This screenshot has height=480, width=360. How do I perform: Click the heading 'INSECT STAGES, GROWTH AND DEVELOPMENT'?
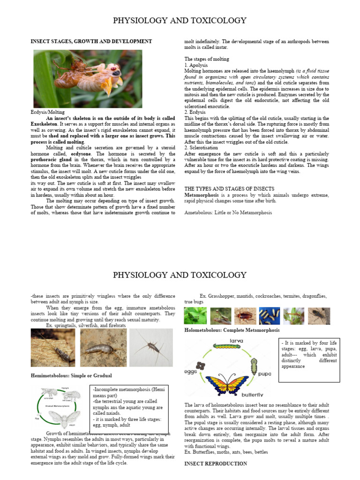point(91,41)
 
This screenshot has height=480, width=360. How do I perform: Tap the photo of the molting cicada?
point(88,79)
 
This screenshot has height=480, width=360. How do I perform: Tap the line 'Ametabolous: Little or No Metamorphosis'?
point(228,212)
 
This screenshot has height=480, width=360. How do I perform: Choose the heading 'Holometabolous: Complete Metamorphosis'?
point(232,330)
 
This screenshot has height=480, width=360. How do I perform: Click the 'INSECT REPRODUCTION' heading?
point(216,464)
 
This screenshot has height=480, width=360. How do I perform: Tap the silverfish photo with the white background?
point(151,347)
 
